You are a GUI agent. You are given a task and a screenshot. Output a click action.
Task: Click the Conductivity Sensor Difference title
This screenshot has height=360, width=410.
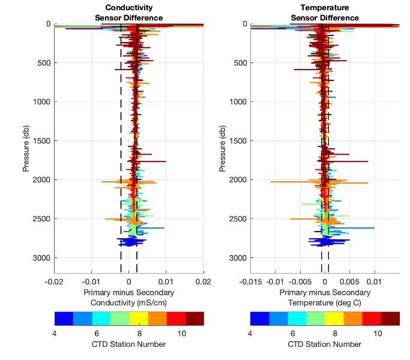click(x=128, y=13)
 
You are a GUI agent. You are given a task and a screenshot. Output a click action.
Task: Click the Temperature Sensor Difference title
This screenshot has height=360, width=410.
click(x=325, y=13)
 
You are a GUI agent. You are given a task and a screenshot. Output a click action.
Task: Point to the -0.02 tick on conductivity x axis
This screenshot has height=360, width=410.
click(x=54, y=281)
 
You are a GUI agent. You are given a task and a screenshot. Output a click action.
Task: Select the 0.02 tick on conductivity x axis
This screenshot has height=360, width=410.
click(x=203, y=281)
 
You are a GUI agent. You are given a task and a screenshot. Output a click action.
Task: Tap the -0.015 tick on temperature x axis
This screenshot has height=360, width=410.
click(x=250, y=281)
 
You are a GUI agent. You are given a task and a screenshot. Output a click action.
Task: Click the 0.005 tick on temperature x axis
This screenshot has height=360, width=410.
click(x=350, y=281)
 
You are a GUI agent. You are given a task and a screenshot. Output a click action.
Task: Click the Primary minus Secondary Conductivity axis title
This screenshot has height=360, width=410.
click(x=128, y=297)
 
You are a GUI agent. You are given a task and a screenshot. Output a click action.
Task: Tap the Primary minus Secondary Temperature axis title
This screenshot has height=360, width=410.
click(x=325, y=297)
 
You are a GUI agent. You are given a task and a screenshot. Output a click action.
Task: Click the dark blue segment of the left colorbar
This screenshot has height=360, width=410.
click(x=64, y=318)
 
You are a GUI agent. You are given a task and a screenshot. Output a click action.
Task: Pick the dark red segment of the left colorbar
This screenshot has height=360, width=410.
click(x=194, y=318)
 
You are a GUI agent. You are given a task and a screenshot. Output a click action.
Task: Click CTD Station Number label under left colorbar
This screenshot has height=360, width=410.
click(x=128, y=344)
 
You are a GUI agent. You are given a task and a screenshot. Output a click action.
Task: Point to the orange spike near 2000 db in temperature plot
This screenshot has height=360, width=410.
click(x=282, y=182)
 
